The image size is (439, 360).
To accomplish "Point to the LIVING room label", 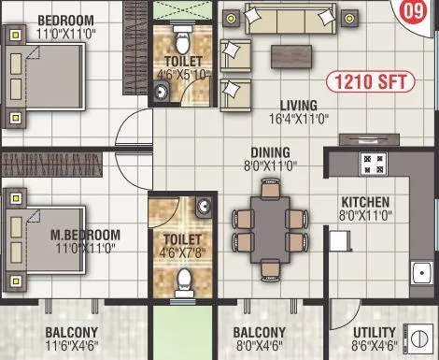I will tap(296, 106).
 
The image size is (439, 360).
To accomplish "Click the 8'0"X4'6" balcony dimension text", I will tap(259, 347).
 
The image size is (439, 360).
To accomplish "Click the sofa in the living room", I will tap(289, 17).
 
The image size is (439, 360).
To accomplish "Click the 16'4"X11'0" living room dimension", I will tap(296, 120).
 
